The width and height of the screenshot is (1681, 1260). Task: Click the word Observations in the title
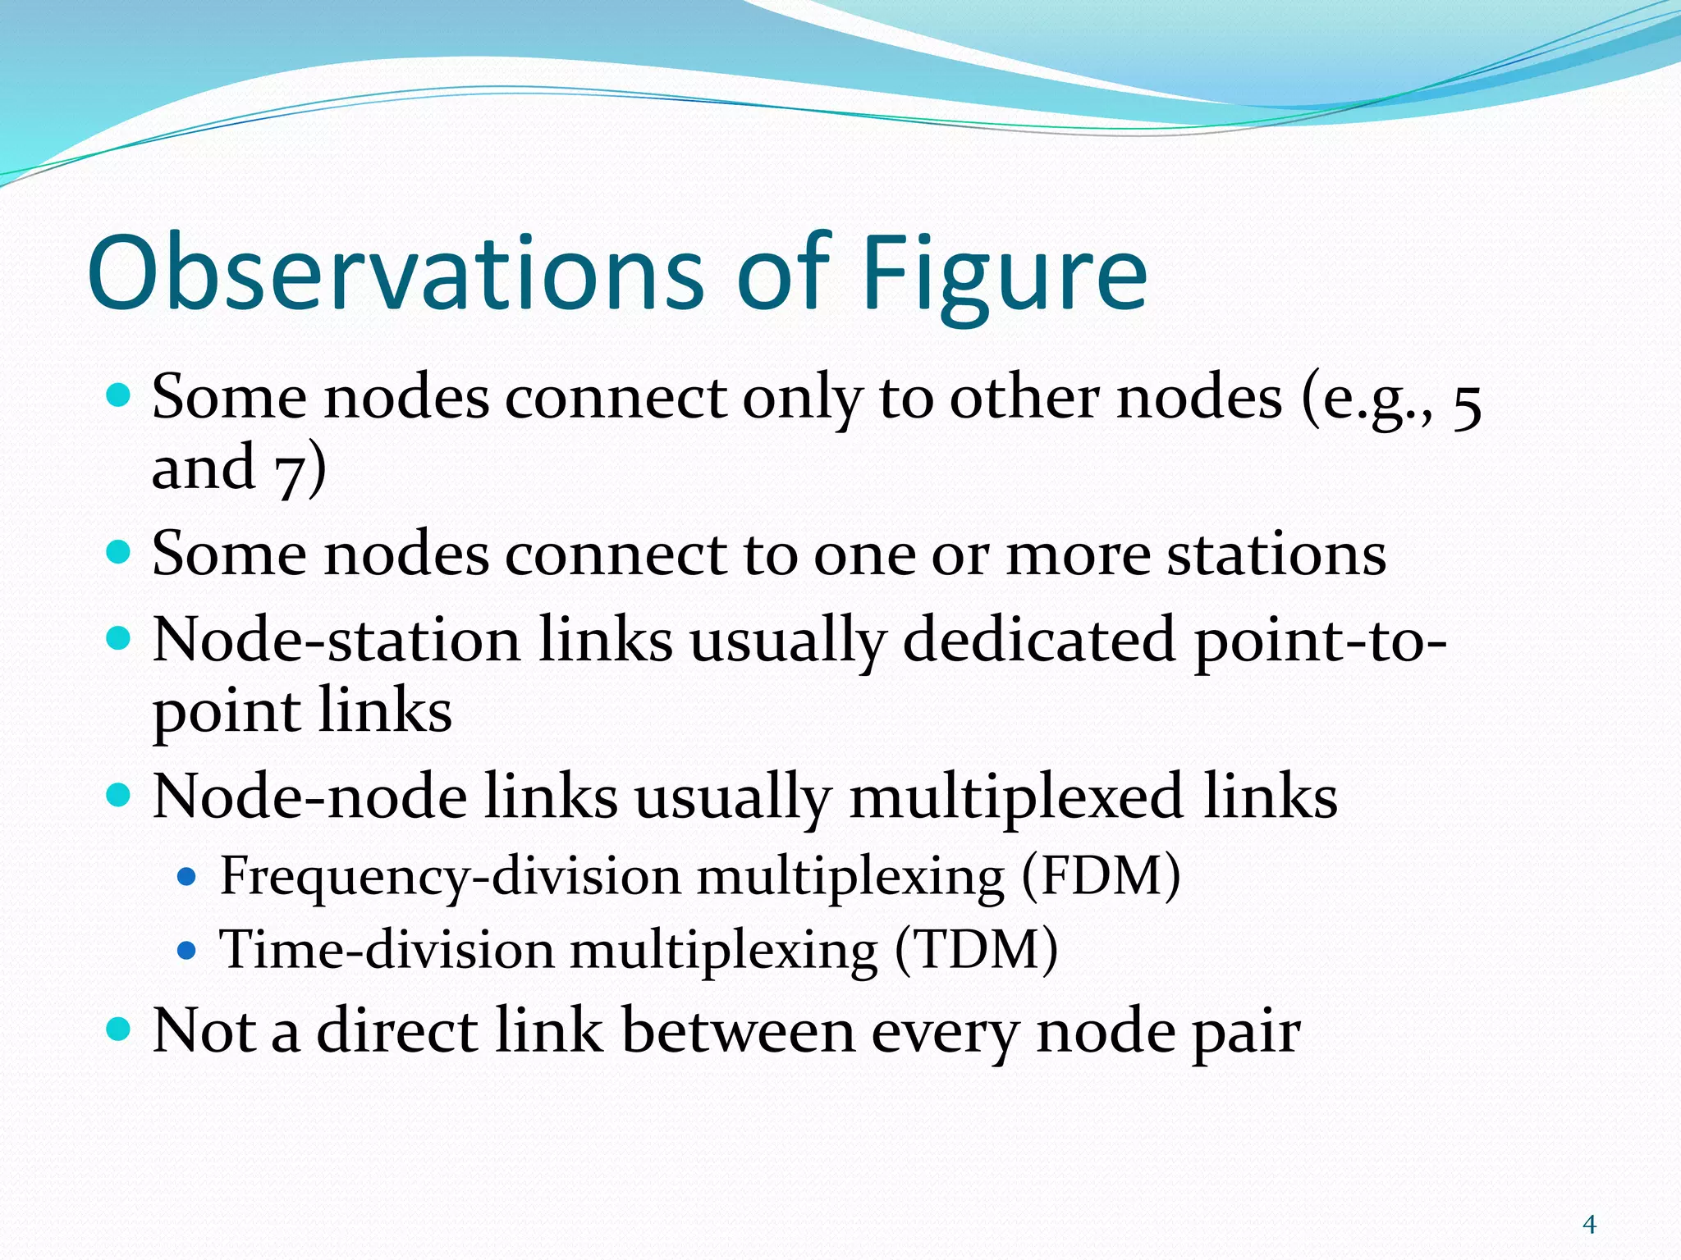[x=394, y=272]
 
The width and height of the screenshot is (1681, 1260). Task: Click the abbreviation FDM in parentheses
[x=1101, y=875]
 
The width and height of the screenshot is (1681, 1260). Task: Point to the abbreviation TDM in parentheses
[x=977, y=950]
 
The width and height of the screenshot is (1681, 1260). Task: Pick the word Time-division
[x=386, y=950]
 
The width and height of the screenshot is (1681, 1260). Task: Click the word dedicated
[x=1039, y=640]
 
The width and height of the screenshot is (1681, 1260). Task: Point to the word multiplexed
[x=1016, y=797]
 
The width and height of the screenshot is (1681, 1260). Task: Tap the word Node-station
[x=337, y=640]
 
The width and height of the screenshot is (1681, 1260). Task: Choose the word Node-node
[x=309, y=797]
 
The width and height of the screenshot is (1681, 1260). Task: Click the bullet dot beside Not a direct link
[x=119, y=1029]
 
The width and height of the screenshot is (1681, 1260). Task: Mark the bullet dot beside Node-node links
[x=119, y=795]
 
